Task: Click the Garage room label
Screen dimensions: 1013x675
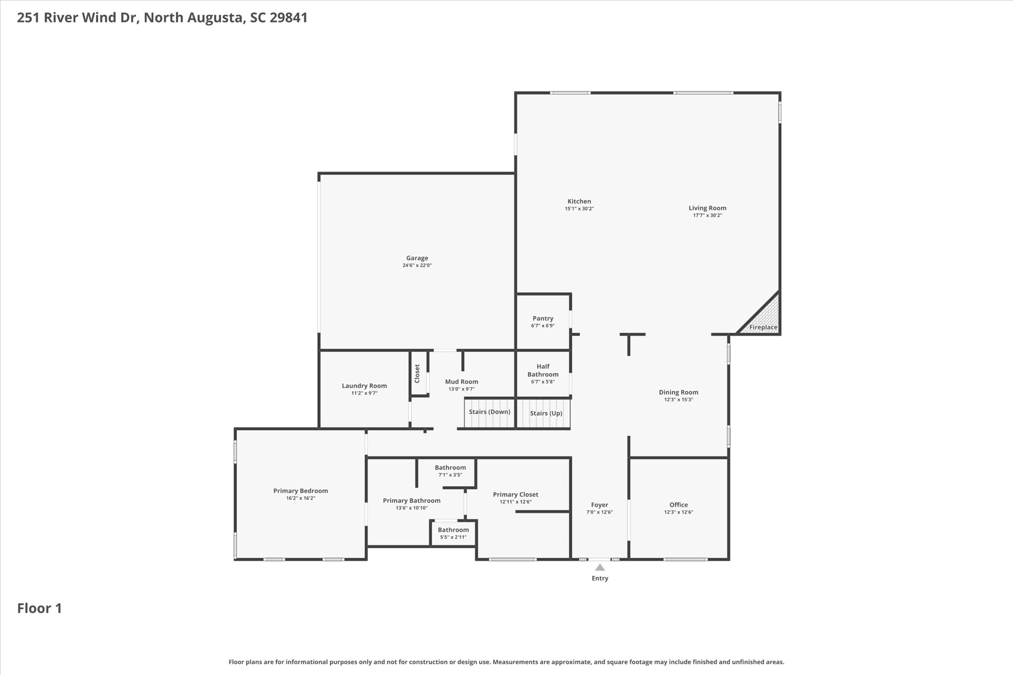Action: (417, 258)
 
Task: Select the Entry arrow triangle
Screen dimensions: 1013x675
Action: (599, 567)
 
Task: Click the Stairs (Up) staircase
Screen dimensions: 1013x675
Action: (544, 413)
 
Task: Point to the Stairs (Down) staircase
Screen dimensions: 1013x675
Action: (490, 412)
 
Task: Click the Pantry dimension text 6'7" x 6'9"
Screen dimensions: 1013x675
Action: (543, 326)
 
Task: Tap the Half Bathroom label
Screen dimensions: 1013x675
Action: (543, 370)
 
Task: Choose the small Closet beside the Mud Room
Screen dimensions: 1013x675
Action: (418, 373)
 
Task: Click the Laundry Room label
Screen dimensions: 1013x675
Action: (364, 386)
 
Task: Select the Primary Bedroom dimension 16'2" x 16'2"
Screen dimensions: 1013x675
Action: (300, 498)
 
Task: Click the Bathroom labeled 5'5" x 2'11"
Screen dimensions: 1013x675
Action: (453, 533)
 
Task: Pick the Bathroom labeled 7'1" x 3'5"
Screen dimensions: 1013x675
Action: (450, 471)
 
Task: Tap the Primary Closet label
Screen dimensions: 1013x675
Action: (515, 495)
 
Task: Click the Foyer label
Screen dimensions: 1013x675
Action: (599, 505)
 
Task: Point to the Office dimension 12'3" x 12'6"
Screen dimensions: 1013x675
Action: (679, 512)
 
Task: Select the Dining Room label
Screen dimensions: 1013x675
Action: (679, 392)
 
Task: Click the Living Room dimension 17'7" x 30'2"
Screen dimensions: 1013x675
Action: (707, 215)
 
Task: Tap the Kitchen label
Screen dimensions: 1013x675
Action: (579, 201)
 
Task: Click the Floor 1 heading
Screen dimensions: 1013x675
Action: (40, 608)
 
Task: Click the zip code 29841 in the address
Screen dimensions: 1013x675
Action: (288, 18)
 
